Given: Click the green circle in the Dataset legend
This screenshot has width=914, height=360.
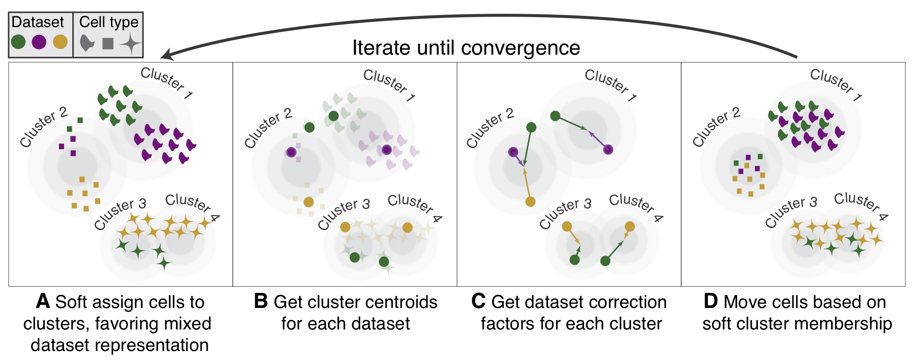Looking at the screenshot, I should pos(18,42).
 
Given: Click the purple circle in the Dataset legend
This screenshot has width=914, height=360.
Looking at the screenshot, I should pos(39,42).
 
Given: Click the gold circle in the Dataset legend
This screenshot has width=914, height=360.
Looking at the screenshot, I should pos(60,42).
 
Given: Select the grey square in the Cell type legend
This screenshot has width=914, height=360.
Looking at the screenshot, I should pos(108,43).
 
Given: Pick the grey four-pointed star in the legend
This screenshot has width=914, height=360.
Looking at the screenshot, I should pos(130,43).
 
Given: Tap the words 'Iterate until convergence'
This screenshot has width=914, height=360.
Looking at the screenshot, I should pos(466,48).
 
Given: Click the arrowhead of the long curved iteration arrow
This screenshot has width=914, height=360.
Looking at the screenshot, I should pos(166,56).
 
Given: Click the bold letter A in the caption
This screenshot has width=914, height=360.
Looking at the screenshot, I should pos(43,302).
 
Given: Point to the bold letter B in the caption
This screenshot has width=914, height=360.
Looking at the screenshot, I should pos(261,302).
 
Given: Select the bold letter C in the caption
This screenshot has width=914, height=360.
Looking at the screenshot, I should pos(478,302).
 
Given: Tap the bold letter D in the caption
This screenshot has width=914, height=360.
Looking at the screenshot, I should pos(711,302).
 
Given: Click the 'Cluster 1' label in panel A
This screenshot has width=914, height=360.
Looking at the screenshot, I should pos(166,83).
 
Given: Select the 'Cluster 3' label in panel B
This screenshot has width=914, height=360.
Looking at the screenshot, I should pos(344,214).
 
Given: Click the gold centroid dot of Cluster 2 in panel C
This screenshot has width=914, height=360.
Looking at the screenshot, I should pos(530,201).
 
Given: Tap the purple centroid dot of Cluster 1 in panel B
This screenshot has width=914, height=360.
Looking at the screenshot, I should pos(387,150).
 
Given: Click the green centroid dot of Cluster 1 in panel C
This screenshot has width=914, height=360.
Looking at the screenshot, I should pos(555,116).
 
